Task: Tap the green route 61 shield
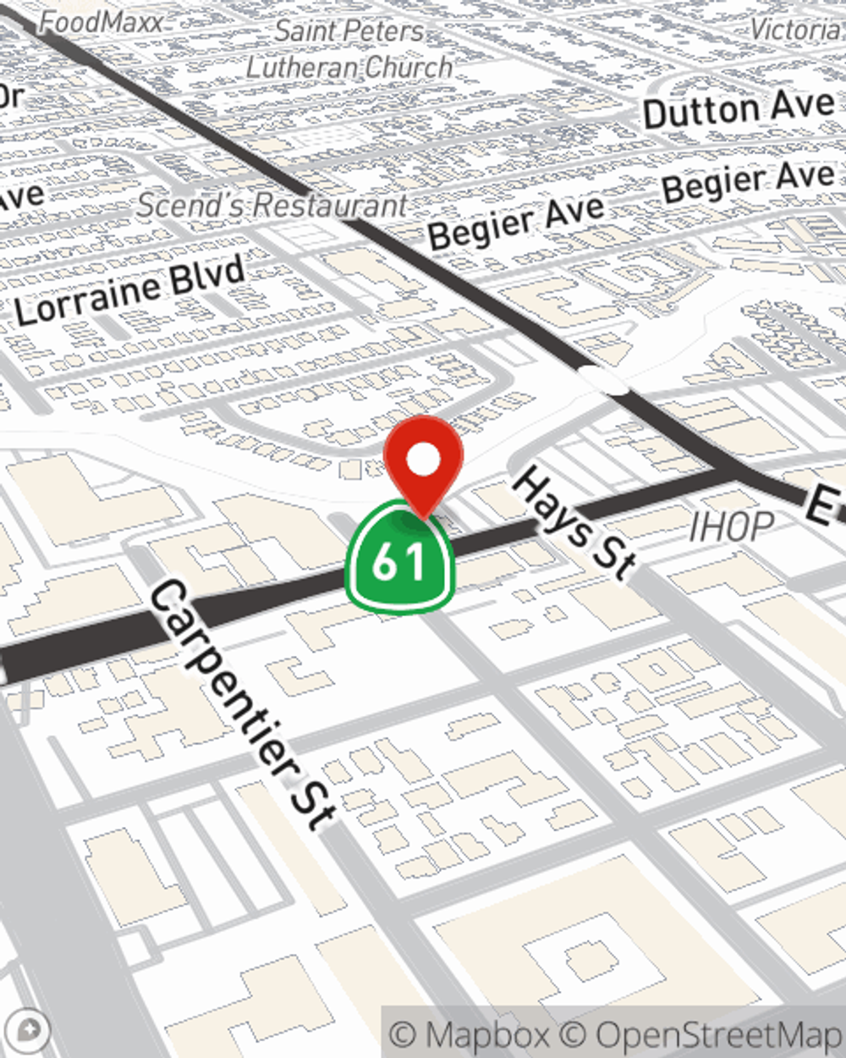399,559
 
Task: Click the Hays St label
574,525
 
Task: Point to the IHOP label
731,528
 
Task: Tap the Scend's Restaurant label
272,206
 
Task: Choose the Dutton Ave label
739,110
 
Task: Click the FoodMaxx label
102,22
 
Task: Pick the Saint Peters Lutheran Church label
349,49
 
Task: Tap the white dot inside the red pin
423,460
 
